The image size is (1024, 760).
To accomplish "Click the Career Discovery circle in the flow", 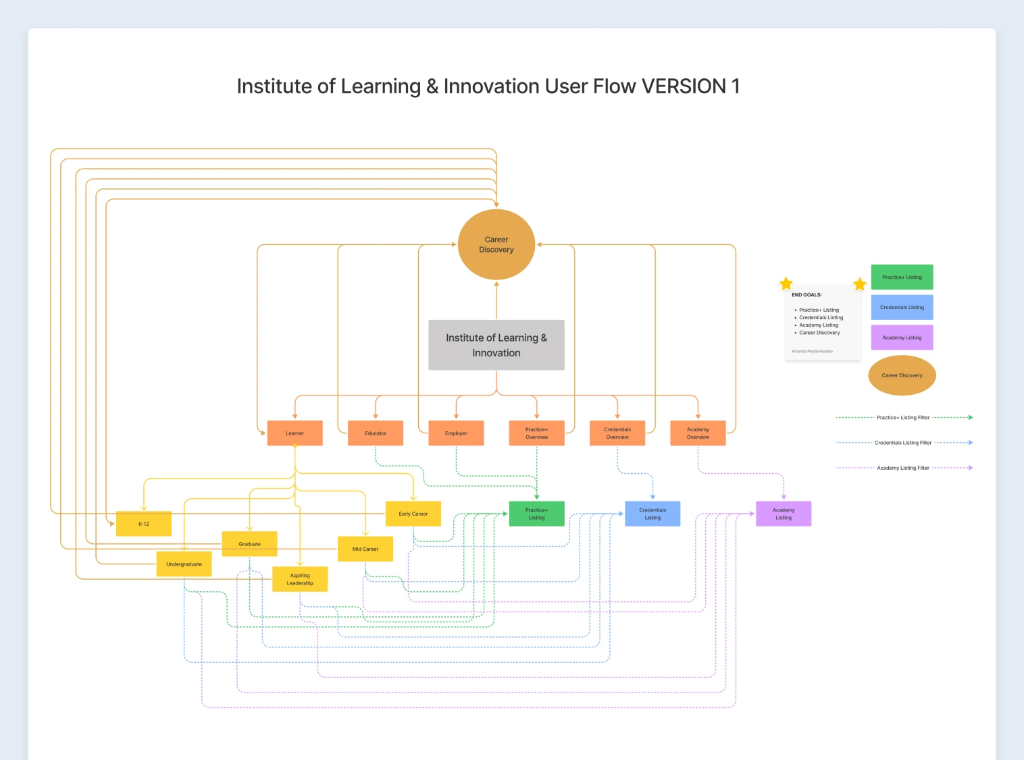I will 496,244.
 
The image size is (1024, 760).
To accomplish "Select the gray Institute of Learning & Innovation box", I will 496,345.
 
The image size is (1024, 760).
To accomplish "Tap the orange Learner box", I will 295,433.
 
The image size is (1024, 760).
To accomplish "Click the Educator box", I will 376,433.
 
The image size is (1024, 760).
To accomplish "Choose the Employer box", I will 456,433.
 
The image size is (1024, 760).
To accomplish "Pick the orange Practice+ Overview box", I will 537,433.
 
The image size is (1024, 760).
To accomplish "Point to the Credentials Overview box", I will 617,433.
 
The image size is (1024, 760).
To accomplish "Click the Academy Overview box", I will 698,433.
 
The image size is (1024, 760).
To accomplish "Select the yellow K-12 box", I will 144,524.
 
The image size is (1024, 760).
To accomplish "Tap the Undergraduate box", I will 184,564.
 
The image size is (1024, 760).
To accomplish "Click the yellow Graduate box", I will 249,544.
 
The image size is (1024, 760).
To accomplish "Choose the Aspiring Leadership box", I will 300,579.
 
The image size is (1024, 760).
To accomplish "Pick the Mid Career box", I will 365,549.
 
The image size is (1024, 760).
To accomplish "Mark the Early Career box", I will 413,514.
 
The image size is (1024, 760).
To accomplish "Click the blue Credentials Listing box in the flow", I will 652,514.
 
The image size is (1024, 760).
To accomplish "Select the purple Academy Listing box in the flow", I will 784,514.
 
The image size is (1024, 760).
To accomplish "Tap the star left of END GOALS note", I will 786,283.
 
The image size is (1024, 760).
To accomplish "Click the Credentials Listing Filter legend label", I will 903,443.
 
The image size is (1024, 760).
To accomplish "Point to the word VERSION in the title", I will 684,86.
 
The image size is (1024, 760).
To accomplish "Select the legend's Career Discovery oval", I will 902,375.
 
